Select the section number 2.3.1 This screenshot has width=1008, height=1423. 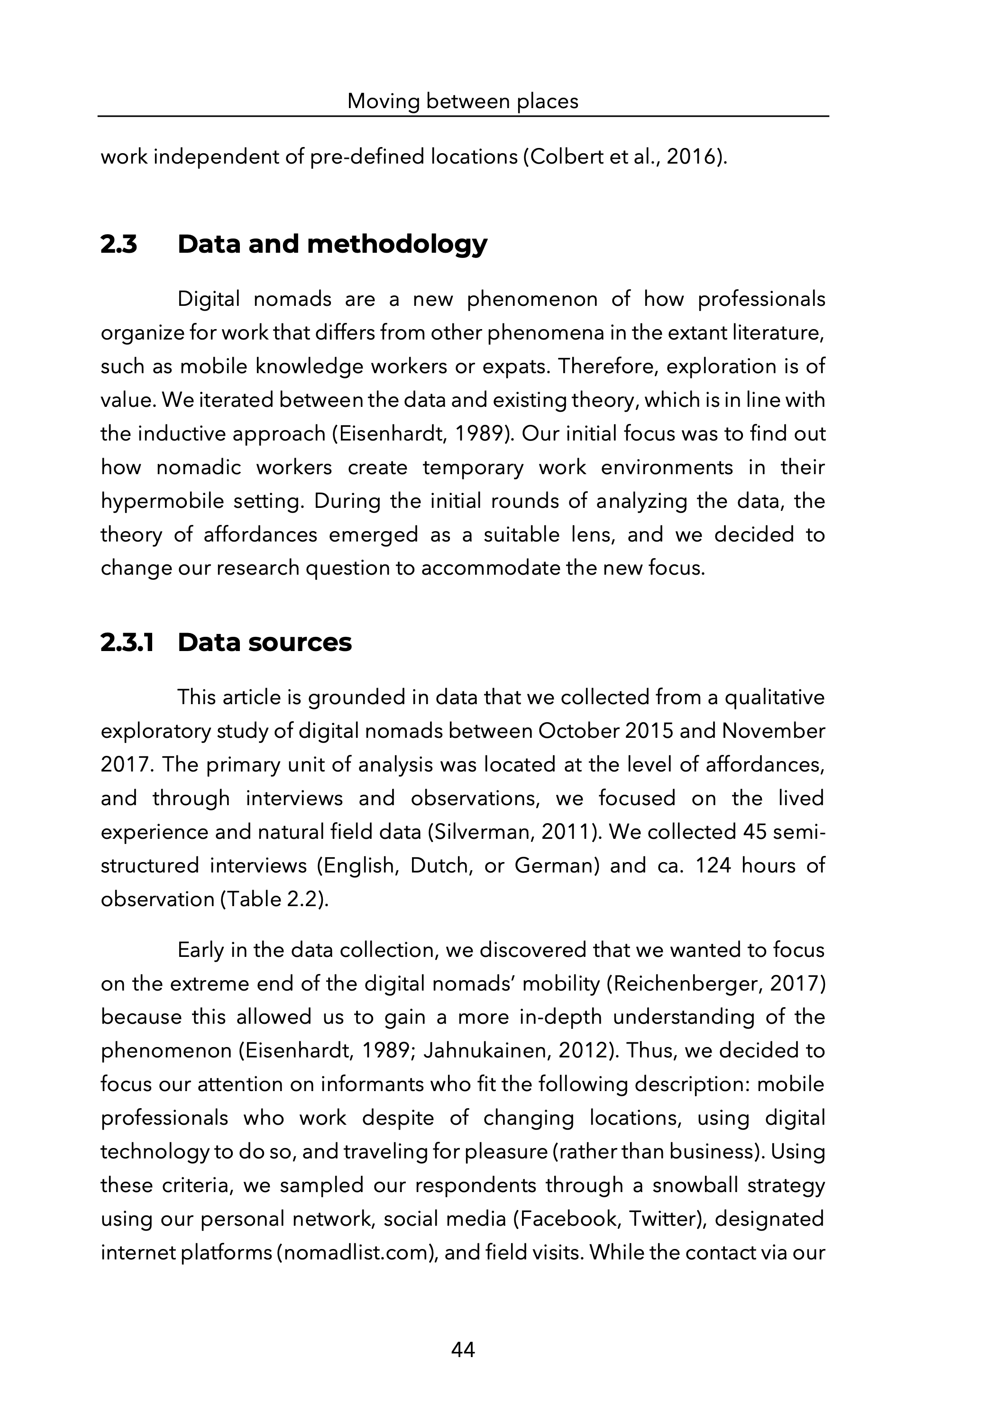[x=127, y=643]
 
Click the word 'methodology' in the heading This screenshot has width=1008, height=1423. [x=397, y=245]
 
